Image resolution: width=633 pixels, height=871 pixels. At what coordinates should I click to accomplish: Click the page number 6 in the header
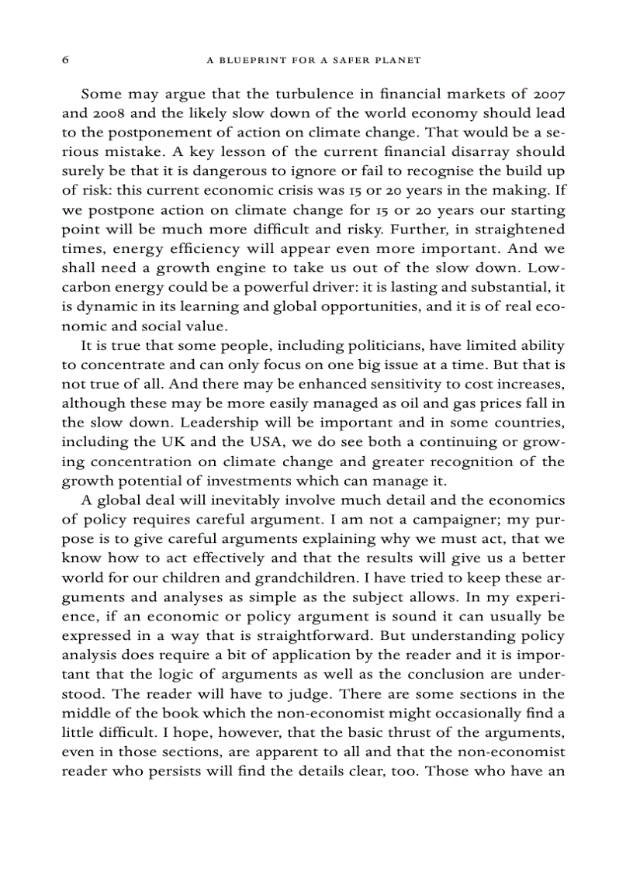coord(65,60)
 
